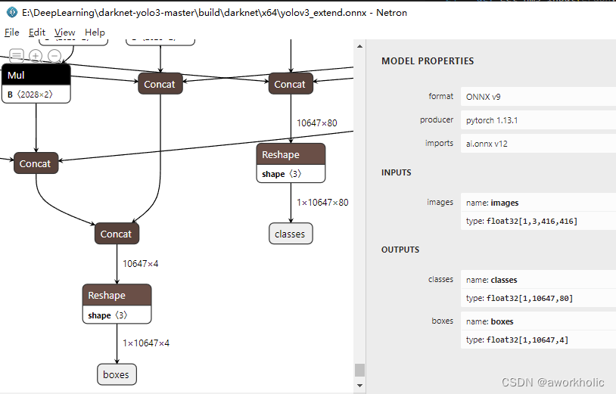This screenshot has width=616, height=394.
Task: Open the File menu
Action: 12,33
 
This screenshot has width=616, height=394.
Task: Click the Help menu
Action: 95,33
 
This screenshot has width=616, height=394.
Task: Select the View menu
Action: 65,33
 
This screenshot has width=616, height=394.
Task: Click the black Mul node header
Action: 36,75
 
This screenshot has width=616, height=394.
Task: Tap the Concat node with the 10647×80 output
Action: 291,84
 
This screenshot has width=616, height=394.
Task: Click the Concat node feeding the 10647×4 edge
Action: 117,234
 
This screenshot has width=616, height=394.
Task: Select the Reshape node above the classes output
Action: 291,154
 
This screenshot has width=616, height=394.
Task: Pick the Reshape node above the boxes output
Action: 117,295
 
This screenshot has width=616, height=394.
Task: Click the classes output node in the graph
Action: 291,234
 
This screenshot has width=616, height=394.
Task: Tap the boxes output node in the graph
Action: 117,374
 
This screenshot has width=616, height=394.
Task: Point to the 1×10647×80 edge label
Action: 322,202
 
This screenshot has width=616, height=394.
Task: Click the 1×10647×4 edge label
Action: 146,343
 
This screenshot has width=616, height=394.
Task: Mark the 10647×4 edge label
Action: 141,263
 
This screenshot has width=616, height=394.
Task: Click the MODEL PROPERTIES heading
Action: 428,61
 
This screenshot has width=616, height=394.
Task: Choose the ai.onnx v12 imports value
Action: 493,143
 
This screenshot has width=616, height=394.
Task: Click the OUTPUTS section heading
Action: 400,250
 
